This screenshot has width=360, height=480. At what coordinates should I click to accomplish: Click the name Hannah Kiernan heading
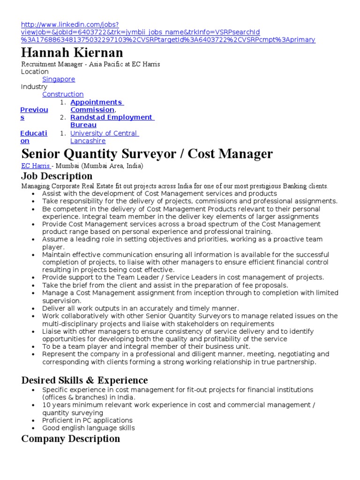pyautogui.click(x=72, y=52)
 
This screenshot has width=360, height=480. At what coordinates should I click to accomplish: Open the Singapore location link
pyautogui.click(x=59, y=79)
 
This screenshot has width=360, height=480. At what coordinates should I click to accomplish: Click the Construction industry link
pyautogui.click(x=63, y=94)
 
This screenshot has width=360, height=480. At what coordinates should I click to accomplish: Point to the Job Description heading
pyautogui.click(x=57, y=176)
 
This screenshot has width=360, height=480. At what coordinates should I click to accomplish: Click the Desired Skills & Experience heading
pyautogui.click(x=84, y=380)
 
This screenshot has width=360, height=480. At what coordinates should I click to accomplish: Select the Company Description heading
pyautogui.click(x=70, y=439)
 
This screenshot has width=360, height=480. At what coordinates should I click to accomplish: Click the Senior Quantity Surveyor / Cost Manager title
pyautogui.click(x=147, y=153)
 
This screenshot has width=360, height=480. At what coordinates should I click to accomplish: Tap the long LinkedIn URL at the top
pyautogui.click(x=168, y=32)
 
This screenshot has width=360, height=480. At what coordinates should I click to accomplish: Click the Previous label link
pyautogui.click(x=34, y=113)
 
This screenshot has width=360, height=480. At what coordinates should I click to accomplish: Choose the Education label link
pyautogui.click(x=34, y=137)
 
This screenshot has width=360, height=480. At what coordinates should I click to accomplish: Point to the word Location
pyautogui.click(x=35, y=72)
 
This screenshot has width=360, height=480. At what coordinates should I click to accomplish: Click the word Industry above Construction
pyautogui.click(x=34, y=87)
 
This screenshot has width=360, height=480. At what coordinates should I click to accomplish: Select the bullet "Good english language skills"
pyautogui.click(x=88, y=428)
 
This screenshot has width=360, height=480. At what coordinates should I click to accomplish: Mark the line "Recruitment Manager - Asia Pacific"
pyautogui.click(x=90, y=64)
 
